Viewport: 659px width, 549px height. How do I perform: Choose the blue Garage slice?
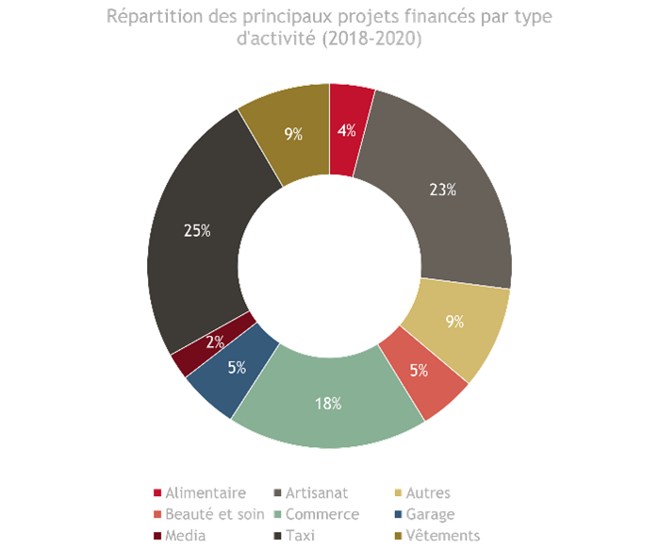(x=232, y=371)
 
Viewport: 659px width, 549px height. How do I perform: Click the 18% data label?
(x=328, y=404)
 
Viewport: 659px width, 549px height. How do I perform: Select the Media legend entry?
(x=185, y=536)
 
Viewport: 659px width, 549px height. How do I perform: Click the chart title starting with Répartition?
(x=329, y=28)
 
